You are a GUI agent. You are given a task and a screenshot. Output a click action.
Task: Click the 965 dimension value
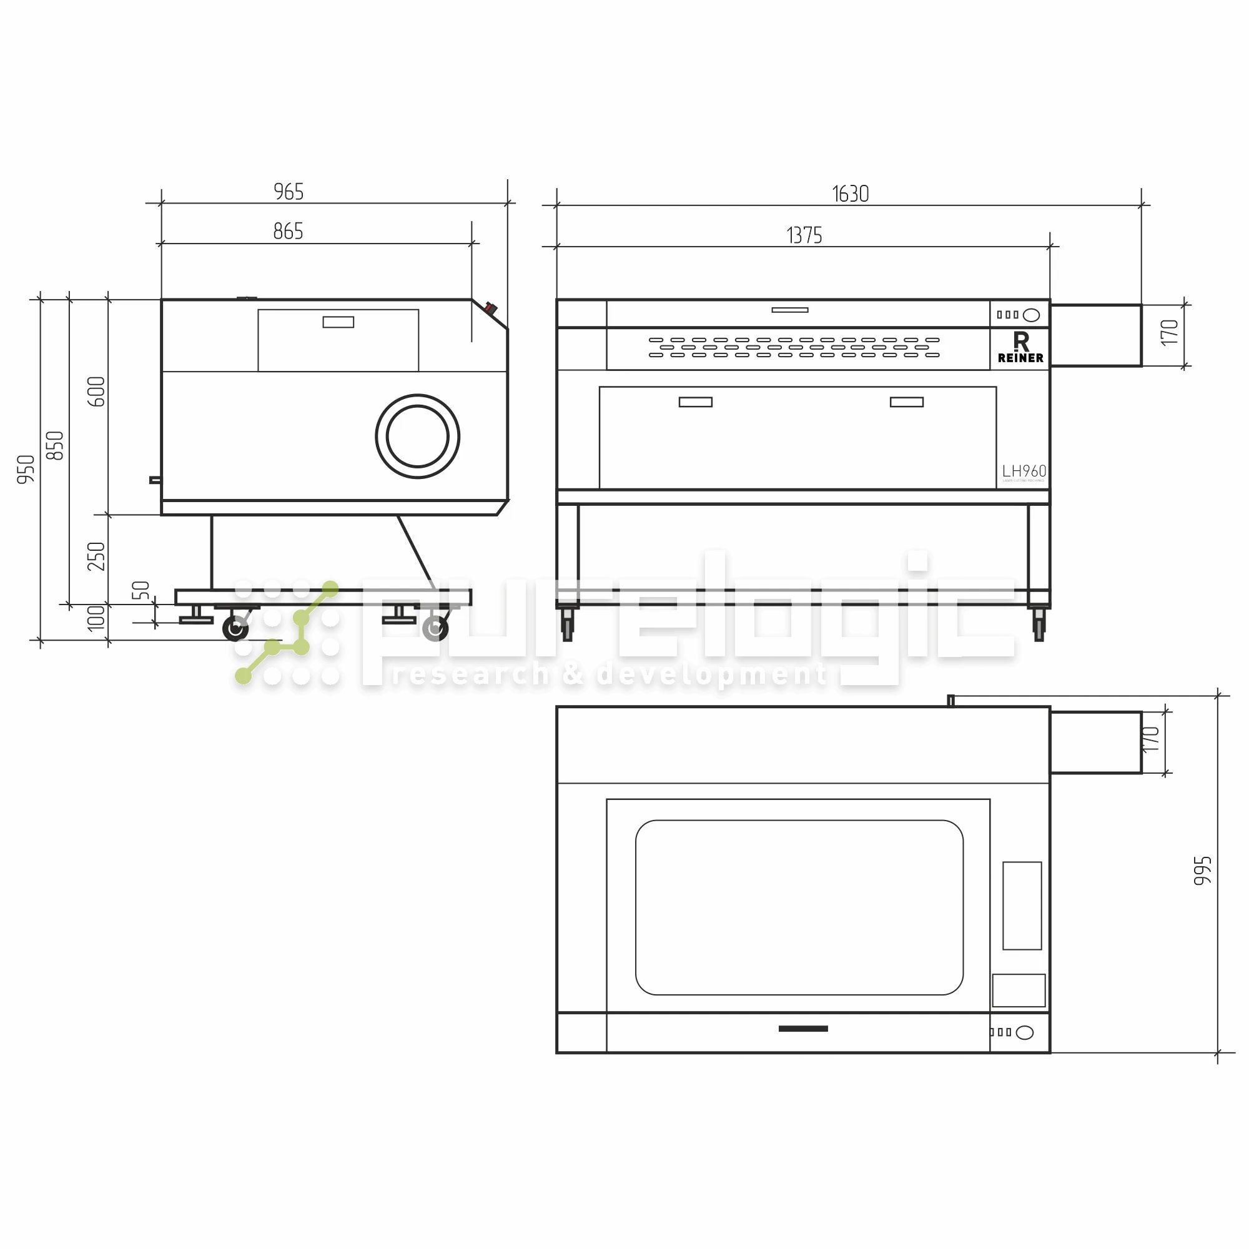tap(289, 192)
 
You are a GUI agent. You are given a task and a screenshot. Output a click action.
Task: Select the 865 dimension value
tap(289, 232)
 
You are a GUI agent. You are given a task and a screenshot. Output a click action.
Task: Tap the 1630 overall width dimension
tap(850, 194)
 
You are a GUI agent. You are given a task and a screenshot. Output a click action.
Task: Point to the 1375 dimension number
tap(804, 235)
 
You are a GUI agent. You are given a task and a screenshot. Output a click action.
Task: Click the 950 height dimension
tap(26, 470)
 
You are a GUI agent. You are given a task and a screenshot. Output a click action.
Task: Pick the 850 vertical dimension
tap(56, 445)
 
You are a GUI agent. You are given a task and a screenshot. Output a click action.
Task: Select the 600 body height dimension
tap(96, 392)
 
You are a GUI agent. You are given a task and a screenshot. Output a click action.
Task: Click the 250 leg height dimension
tap(96, 556)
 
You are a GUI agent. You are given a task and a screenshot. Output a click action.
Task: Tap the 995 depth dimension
tap(1202, 871)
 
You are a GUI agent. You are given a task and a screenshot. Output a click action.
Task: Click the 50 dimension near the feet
tap(141, 590)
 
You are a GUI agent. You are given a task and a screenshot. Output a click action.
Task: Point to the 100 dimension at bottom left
tap(96, 618)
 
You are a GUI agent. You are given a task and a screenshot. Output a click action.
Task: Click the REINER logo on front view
tap(1020, 348)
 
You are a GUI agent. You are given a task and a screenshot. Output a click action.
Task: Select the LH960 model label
tap(1024, 471)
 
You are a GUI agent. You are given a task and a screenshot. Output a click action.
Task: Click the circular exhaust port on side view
tap(418, 437)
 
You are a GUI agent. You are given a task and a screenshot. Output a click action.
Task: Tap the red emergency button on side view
tap(490, 309)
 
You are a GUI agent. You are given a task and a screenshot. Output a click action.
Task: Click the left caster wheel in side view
tap(235, 628)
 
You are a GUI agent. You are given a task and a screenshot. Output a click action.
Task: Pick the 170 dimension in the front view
tap(1170, 332)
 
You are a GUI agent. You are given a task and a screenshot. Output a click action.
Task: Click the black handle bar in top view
tap(803, 1029)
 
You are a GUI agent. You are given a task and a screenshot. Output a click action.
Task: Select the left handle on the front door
tap(696, 402)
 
